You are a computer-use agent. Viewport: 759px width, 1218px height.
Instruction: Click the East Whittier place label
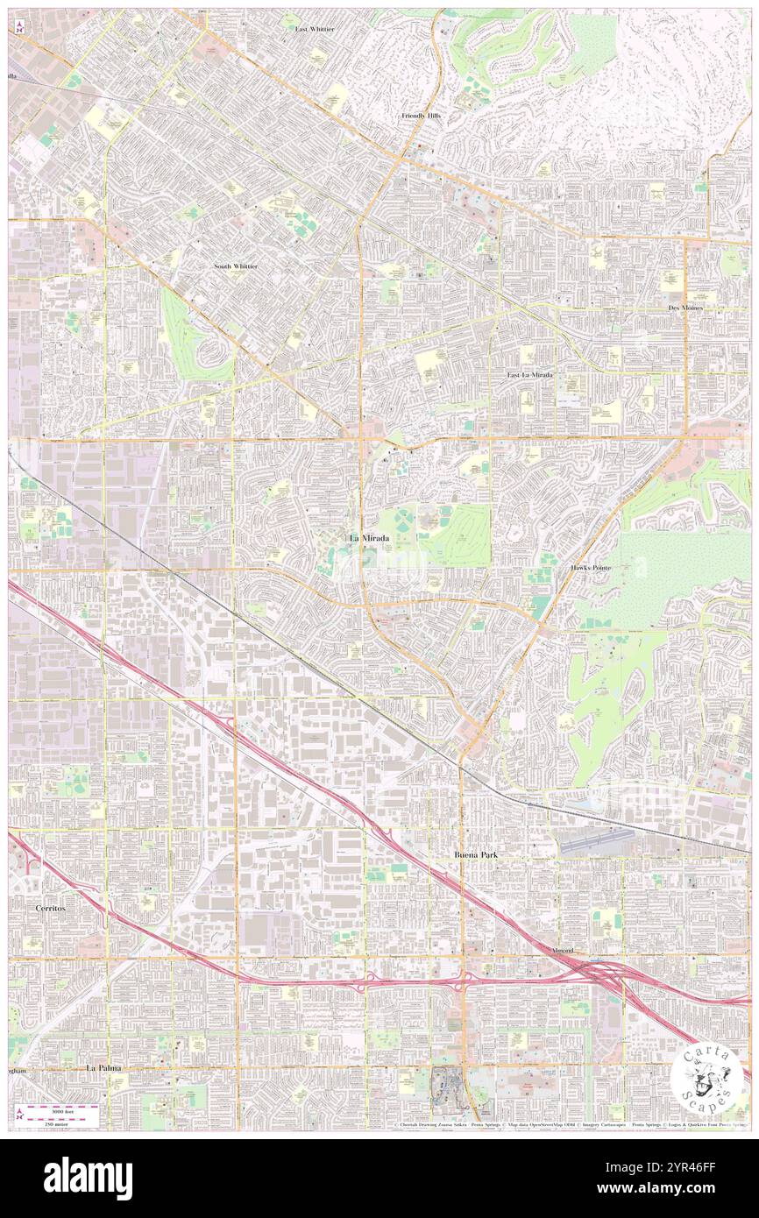tap(314, 29)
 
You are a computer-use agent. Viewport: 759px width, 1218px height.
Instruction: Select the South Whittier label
tap(236, 266)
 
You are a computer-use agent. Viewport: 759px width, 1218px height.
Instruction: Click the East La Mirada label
tap(530, 375)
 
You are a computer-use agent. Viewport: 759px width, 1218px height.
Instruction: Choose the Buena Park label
tap(474, 853)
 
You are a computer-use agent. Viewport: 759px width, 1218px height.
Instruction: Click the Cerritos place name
tap(50, 909)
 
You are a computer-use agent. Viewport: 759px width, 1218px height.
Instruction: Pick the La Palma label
tap(103, 1069)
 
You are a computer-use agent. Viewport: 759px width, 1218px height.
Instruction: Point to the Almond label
tap(562, 951)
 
